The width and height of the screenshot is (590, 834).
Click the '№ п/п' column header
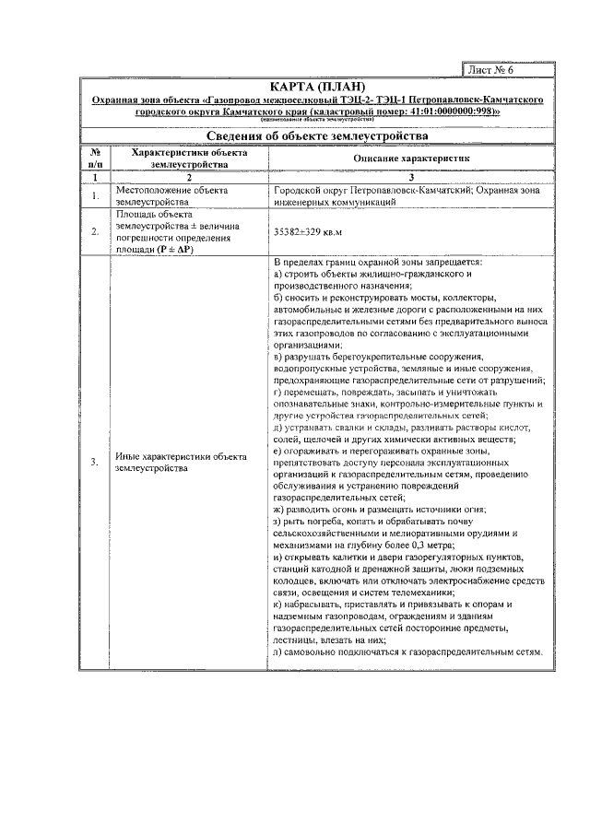(95, 159)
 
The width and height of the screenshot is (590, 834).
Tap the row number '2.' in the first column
(95, 232)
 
